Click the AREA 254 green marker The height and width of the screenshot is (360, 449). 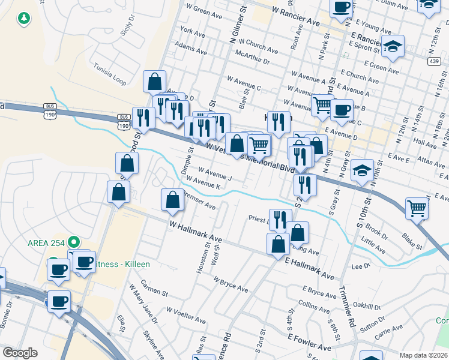[x=74, y=242]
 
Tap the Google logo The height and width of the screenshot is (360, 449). [x=20, y=352]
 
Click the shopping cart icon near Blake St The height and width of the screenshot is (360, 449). [x=417, y=208]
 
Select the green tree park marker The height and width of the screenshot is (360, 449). [x=24, y=19]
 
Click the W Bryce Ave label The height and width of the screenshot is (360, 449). [x=231, y=281]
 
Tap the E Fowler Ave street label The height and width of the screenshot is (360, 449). [x=309, y=343]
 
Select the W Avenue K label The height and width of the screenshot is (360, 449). [x=203, y=182]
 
